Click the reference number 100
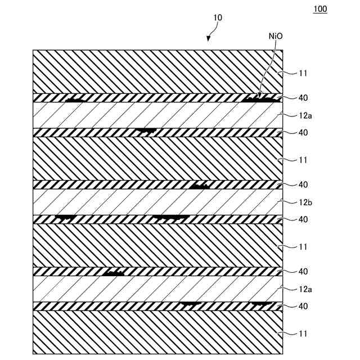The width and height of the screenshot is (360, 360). click(319, 10)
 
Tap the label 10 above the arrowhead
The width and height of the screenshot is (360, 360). click(218, 18)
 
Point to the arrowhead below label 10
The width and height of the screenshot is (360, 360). click(209, 38)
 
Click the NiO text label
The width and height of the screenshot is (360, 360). click(276, 36)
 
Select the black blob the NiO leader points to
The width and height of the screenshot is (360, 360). click(261, 98)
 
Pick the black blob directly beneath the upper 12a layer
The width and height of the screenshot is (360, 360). click(146, 132)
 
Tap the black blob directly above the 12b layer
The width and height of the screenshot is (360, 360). click(200, 186)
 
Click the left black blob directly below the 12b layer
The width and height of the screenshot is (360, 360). click(65, 217)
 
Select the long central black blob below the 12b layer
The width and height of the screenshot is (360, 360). click(171, 217)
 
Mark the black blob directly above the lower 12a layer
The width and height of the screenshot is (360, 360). click(115, 273)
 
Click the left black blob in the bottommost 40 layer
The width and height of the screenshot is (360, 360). click(191, 304)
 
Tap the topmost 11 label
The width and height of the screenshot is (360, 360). click(303, 73)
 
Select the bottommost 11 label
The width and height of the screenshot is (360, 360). click(303, 334)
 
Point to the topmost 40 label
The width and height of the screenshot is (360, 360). click(303, 98)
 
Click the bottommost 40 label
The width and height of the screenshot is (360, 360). click(303, 307)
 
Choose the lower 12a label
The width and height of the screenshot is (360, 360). click(305, 289)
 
